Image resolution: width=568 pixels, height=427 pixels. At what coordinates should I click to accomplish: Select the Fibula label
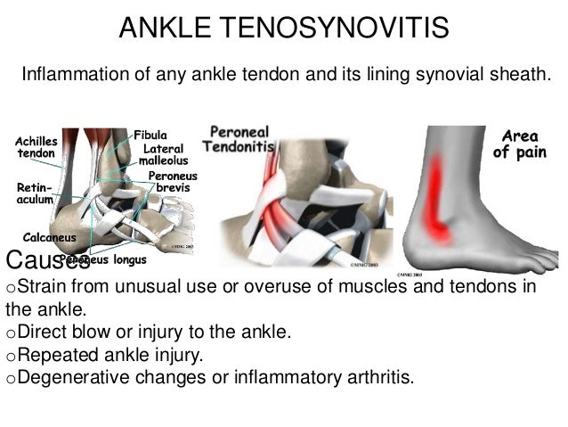tap(151, 135)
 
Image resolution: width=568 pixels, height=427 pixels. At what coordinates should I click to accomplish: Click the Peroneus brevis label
tap(172, 182)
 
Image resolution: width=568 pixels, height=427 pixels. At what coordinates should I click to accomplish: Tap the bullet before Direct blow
tap(11, 333)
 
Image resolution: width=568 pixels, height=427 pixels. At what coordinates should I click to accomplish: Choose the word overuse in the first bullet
tap(279, 287)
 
